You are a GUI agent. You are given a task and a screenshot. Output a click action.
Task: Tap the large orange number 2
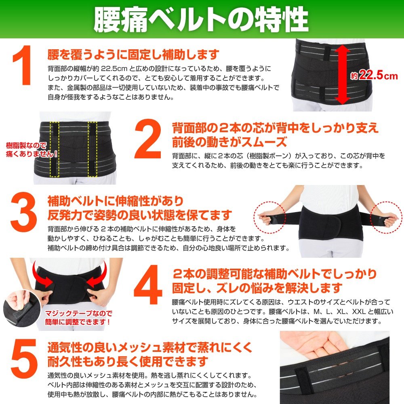click(x=148, y=139)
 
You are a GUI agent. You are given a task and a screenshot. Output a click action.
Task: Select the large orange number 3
click(x=24, y=212)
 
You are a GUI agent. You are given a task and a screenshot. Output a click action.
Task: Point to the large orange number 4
click(x=148, y=284)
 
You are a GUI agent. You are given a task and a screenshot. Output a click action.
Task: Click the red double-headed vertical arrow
click(x=342, y=74)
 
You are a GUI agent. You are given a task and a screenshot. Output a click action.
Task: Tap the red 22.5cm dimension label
click(x=375, y=76)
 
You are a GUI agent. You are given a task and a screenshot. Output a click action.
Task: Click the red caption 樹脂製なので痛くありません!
click(x=32, y=150)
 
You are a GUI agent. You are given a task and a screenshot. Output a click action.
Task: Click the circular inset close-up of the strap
click(x=22, y=308)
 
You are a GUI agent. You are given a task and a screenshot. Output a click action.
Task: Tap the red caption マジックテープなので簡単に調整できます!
click(x=78, y=318)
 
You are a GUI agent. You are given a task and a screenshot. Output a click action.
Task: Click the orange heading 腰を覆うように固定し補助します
click(x=133, y=54)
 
